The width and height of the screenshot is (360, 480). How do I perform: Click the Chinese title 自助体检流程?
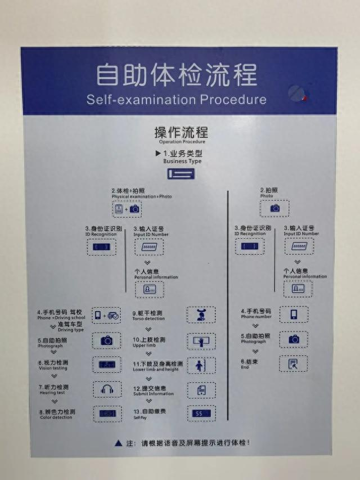176,75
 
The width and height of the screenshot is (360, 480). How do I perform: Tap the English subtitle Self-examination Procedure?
176,100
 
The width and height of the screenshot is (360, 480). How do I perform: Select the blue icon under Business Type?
181,174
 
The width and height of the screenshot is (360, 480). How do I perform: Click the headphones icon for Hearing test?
107,389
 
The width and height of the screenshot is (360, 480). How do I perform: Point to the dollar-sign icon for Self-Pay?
201,413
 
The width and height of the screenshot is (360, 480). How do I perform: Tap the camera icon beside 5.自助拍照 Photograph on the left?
107,340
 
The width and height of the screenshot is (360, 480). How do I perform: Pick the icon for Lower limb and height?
201,365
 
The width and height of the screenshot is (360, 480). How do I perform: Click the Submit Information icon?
201,389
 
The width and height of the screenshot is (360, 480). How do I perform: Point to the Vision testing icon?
107,365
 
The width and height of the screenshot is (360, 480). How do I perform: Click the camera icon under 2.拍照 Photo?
274,208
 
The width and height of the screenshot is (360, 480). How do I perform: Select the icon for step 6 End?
294,364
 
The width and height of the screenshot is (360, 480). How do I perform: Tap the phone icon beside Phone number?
294,314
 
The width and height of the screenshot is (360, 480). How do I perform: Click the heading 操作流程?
181,133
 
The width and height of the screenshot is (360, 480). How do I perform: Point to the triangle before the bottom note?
118,443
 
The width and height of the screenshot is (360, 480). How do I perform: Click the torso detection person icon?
201,315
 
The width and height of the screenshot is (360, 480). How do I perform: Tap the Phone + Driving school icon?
107,315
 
